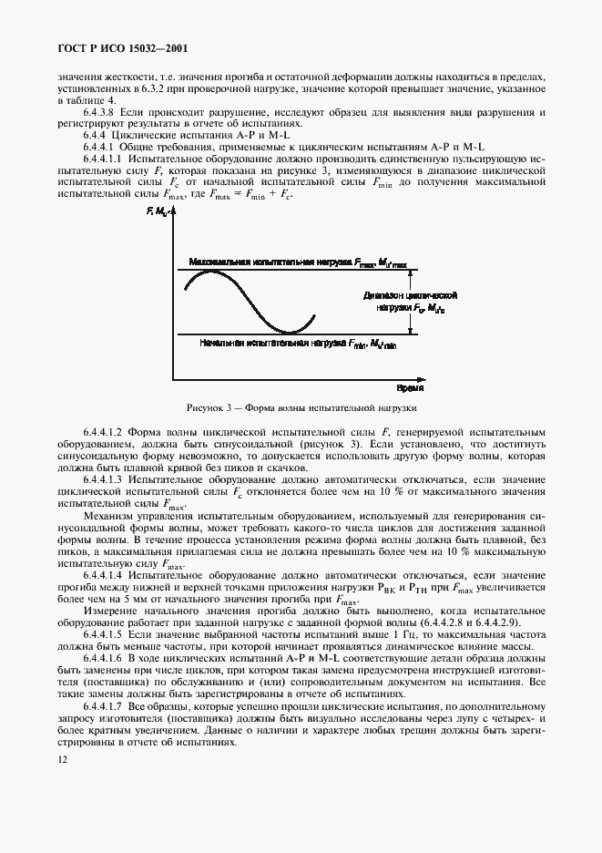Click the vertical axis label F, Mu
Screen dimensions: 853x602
coord(158,212)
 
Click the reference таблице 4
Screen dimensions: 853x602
coord(86,99)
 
